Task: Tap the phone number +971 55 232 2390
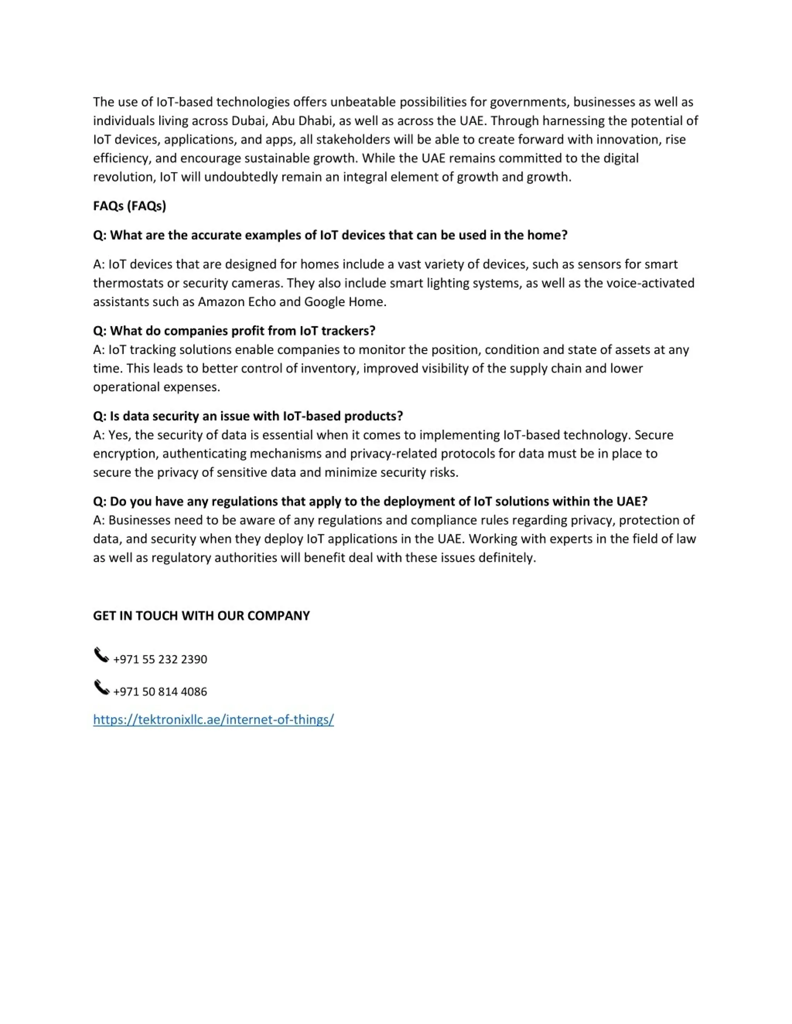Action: [160, 659]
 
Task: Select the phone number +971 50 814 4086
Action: [160, 692]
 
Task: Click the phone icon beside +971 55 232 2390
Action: [101, 655]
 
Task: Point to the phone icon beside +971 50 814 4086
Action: [101, 687]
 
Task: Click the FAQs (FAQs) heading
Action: [130, 206]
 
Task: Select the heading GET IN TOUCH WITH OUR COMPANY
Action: [201, 616]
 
